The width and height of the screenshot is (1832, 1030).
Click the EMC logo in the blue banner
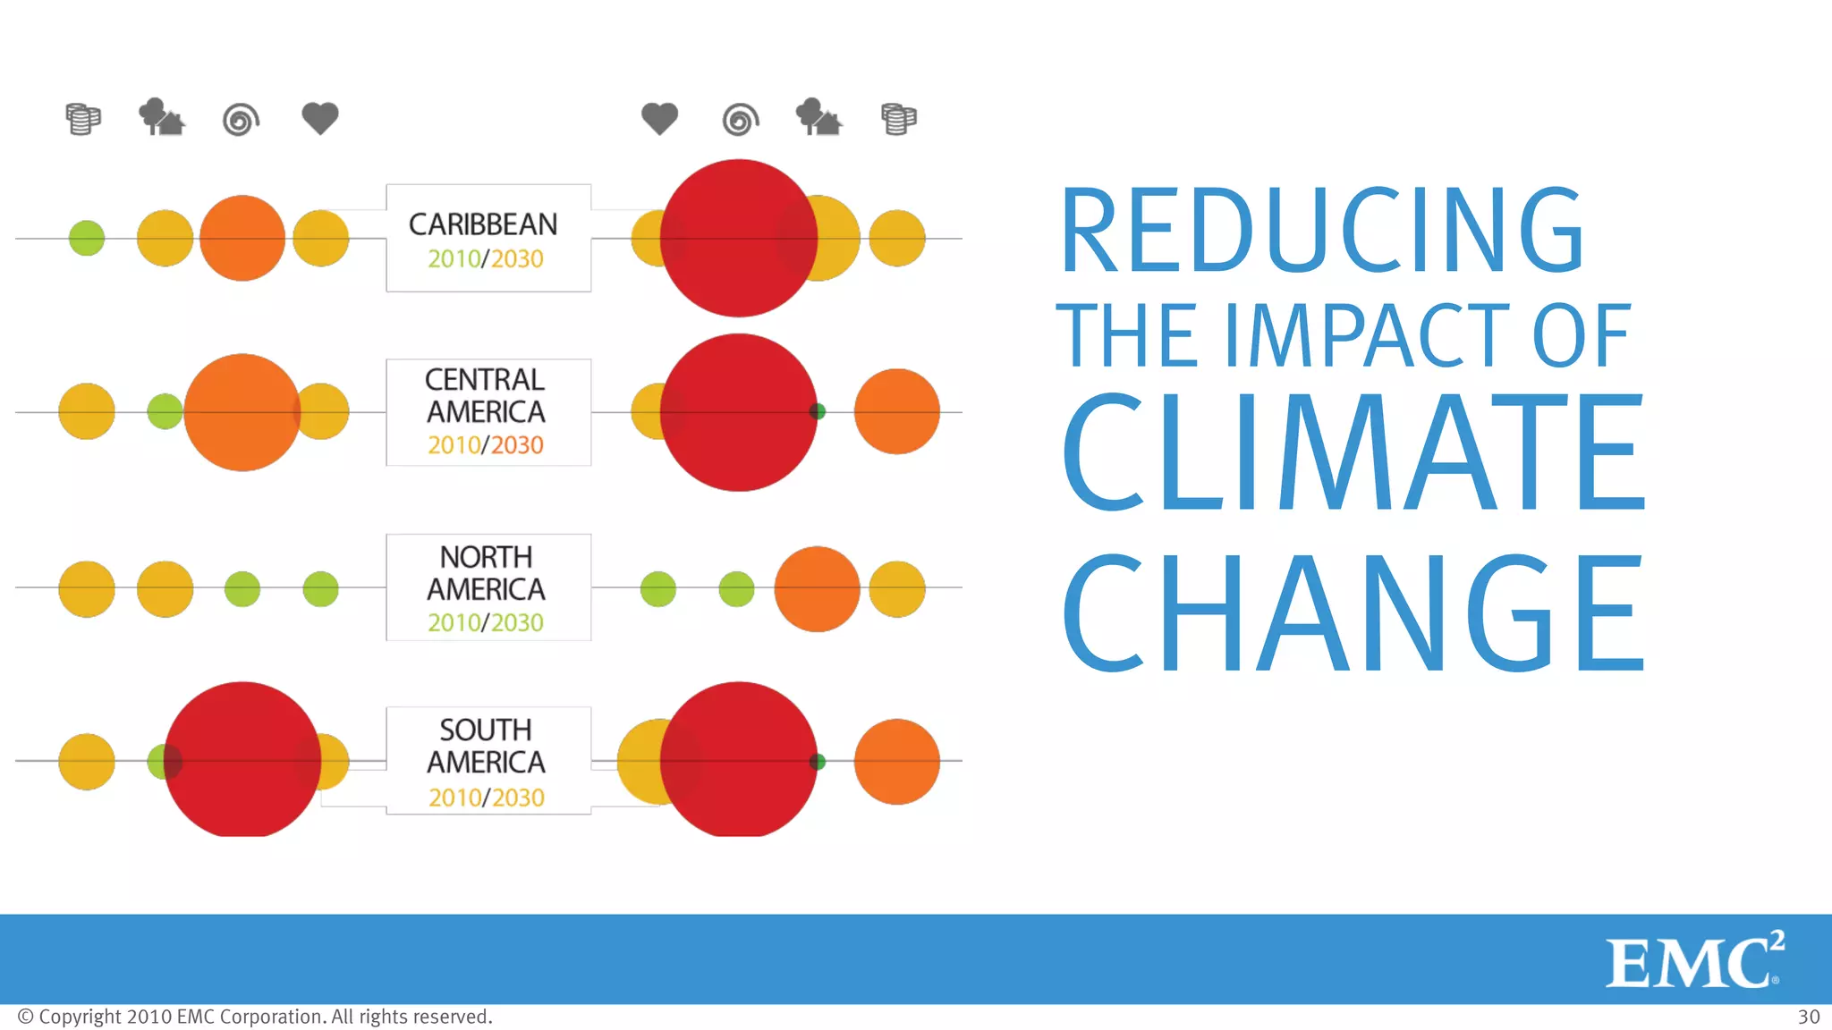click(1693, 961)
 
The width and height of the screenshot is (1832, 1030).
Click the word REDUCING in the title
click(1322, 231)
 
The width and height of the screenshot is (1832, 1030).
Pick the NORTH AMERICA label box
click(488, 587)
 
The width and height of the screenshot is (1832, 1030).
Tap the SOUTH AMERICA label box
click(488, 761)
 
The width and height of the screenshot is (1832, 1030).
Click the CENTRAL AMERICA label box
click(488, 412)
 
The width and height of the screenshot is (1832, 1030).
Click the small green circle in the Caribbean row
click(87, 238)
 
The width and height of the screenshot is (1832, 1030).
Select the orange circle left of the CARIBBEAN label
click(242, 238)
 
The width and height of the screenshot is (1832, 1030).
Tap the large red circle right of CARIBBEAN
click(738, 238)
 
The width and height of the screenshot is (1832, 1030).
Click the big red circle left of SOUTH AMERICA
click(242, 760)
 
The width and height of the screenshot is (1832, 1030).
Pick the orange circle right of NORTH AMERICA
click(817, 588)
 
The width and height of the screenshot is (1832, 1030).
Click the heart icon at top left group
click(319, 118)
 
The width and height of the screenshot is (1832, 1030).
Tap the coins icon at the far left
click(83, 119)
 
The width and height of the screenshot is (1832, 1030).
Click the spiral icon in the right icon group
click(740, 119)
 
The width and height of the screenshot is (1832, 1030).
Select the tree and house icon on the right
click(818, 117)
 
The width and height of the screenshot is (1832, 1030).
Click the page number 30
click(1808, 1017)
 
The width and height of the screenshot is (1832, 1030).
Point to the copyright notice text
click(255, 1017)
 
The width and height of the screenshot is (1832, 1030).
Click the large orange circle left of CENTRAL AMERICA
click(242, 412)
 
